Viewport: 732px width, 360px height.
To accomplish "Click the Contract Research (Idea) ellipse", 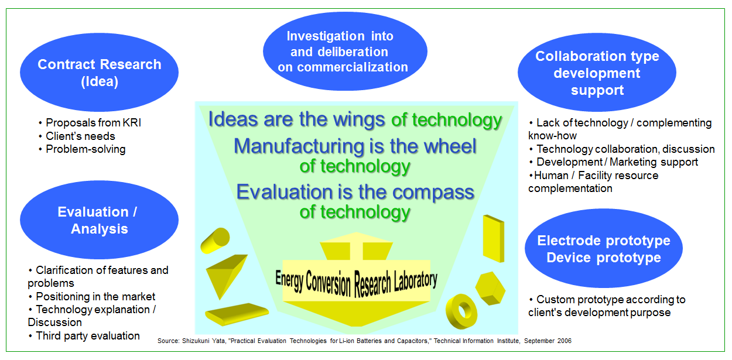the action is point(99,72).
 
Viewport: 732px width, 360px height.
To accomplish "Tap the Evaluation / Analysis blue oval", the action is point(99,220).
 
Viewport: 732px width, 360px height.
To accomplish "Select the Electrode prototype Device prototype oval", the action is point(604,248).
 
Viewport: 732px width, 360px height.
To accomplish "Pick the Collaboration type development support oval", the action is point(597,72).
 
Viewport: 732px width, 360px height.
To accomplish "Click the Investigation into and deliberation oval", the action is point(345,52).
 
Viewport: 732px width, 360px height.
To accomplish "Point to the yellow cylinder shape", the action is point(215,241).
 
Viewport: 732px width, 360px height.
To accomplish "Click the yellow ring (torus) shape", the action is point(461,311).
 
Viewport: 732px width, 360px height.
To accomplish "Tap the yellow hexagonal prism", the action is point(490,288).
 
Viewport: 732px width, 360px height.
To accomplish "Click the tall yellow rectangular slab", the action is point(494,238).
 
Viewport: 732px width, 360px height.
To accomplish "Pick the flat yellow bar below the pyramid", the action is point(237,314).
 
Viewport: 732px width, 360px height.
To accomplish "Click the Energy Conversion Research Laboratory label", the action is point(356,283).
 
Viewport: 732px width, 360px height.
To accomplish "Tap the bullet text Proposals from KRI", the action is point(94,123).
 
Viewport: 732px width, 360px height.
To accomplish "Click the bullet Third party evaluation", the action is point(88,336).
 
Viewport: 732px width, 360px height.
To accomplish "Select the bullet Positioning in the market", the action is point(95,297).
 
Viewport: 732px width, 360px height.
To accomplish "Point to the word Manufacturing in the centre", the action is point(298,146).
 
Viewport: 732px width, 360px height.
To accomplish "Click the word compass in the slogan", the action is point(433,193).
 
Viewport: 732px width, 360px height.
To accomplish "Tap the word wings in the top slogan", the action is point(359,120).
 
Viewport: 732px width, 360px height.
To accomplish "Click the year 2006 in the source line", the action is point(565,341).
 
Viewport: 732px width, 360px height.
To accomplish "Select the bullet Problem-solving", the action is point(85,149).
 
